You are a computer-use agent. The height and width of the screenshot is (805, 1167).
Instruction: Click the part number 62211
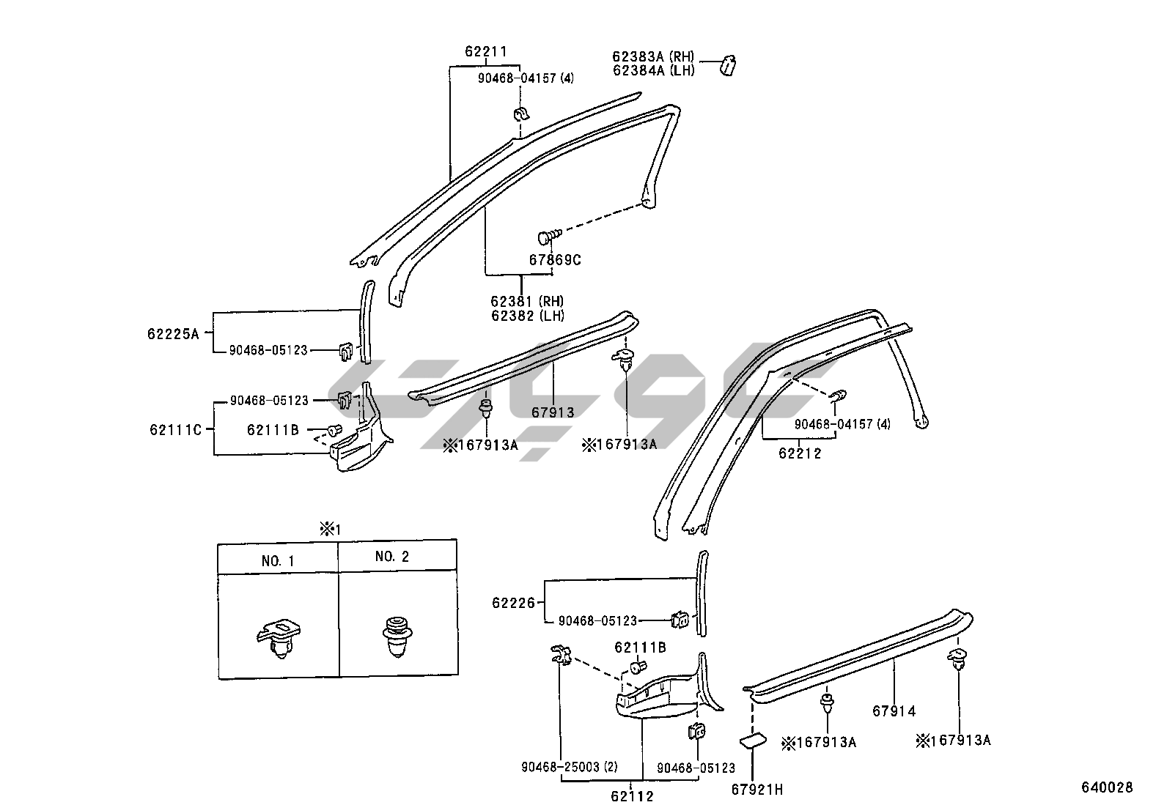click(x=485, y=51)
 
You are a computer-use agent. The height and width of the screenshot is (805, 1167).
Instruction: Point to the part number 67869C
click(x=555, y=259)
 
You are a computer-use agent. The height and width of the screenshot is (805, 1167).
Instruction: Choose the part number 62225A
click(x=173, y=334)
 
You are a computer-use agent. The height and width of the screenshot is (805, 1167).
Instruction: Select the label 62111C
click(x=175, y=429)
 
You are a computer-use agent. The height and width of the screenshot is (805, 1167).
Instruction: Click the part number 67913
click(x=553, y=412)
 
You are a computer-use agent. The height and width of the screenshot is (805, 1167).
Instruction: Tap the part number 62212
click(x=800, y=453)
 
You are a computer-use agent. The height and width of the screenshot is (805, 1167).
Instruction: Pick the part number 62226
click(x=514, y=603)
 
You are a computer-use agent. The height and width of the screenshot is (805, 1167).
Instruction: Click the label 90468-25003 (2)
click(x=570, y=768)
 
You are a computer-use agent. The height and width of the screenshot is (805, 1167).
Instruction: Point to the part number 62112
click(x=632, y=795)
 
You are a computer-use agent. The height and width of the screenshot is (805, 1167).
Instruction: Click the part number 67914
click(x=894, y=711)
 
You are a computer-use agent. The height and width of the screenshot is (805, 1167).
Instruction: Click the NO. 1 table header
click(x=278, y=561)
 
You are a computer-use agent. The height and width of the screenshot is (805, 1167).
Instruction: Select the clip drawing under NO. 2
click(x=397, y=635)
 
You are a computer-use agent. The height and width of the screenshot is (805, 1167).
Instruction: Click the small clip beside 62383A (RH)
click(x=729, y=65)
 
